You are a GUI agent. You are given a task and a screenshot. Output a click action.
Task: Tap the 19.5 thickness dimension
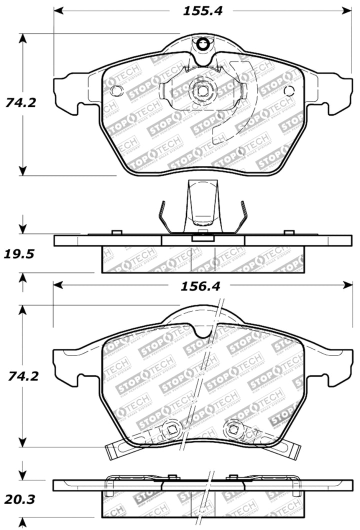(x=20, y=254)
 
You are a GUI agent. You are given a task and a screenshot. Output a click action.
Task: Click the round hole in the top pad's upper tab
(x=202, y=44)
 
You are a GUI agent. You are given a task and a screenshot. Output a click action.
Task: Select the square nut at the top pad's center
(x=202, y=91)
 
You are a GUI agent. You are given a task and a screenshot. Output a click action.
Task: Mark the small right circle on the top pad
(x=289, y=90)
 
